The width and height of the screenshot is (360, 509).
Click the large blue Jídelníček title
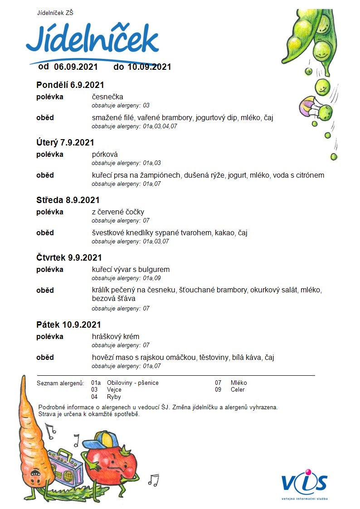coord(92,40)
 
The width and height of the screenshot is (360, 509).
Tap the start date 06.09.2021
coord(76,67)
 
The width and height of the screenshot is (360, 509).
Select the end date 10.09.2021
coord(149,67)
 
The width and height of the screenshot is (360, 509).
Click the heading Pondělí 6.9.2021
coord(70,85)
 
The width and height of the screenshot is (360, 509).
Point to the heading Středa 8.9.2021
coord(68,200)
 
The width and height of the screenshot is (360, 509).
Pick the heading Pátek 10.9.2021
coord(68,325)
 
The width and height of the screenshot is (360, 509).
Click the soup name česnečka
coord(107,97)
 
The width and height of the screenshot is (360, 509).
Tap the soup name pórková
coord(105,154)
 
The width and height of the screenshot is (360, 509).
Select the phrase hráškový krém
coord(116,336)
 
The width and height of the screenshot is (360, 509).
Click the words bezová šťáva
coord(113,299)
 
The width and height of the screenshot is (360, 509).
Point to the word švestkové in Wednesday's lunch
coord(107,233)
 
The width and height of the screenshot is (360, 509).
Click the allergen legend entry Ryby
coord(114,397)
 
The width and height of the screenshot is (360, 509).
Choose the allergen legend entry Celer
coord(238,389)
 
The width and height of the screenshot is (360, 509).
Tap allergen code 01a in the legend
coord(96,383)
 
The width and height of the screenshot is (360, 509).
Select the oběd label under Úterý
coord(45,175)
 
